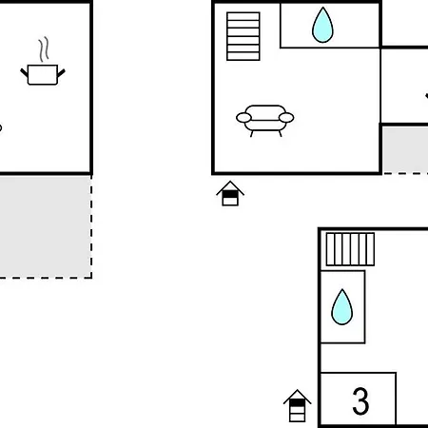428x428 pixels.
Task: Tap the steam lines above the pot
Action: pyautogui.click(x=44, y=49)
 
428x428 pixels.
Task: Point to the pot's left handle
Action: pyautogui.click(x=24, y=72)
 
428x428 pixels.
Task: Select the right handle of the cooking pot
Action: pyautogui.click(x=61, y=73)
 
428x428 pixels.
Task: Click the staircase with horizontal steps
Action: pyautogui.click(x=243, y=36)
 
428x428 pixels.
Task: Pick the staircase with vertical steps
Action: pyautogui.click(x=350, y=249)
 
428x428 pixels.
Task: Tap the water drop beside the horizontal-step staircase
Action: pyautogui.click(x=322, y=25)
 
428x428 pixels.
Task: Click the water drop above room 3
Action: pyautogui.click(x=341, y=307)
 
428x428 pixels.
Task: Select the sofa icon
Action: pyautogui.click(x=265, y=121)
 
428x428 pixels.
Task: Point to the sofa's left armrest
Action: pyautogui.click(x=243, y=118)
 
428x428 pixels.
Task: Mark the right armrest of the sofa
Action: pyautogui.click(x=286, y=118)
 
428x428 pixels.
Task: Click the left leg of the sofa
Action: pyautogui.click(x=252, y=133)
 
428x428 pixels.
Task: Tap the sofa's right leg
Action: pyautogui.click(x=280, y=133)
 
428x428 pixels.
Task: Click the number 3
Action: pyautogui.click(x=360, y=400)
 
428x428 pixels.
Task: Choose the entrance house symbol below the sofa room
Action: pyautogui.click(x=230, y=193)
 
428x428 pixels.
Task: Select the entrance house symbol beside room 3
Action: pyautogui.click(x=297, y=406)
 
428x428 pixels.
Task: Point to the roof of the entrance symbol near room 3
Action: pyautogui.click(x=297, y=397)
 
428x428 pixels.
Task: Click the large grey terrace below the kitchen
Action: pyautogui.click(x=46, y=226)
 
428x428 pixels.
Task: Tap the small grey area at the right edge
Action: pyautogui.click(x=405, y=149)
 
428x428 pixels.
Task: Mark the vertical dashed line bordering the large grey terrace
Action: pyautogui.click(x=91, y=226)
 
